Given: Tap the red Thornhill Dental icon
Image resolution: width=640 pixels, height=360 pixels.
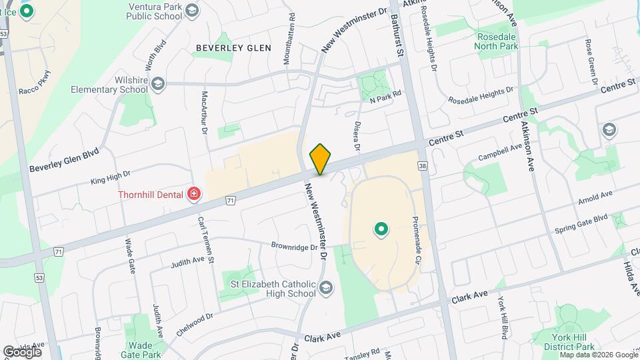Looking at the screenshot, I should [x=194, y=194].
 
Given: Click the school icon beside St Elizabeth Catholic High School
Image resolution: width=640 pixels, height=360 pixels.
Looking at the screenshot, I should [x=325, y=287].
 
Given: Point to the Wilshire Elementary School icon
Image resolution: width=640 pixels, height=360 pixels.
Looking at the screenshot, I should [x=158, y=84].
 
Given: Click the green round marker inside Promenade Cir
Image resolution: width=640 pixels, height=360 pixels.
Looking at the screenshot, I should [x=381, y=230].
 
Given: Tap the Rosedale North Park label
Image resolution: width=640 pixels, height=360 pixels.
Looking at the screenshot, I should [x=497, y=41].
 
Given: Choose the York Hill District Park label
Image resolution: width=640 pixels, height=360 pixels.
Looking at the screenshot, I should [x=569, y=342].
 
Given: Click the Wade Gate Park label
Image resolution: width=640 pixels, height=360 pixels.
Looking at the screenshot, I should [x=145, y=350].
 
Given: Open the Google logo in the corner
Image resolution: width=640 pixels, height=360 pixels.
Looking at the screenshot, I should [x=22, y=351].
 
